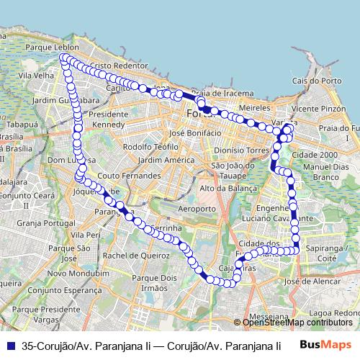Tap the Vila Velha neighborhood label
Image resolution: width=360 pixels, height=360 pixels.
click(x=35, y=74)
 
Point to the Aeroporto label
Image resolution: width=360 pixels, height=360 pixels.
click(x=197, y=208)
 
